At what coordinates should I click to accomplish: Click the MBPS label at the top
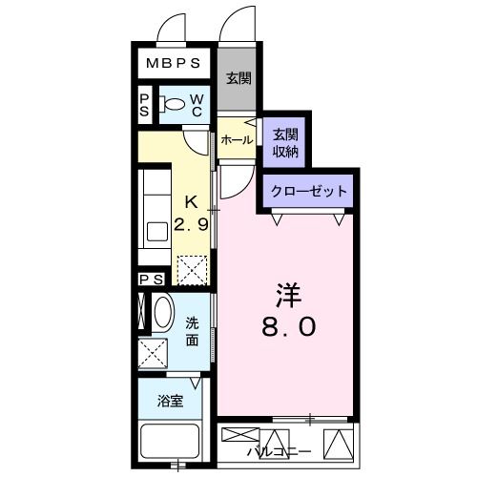pyautogui.click(x=173, y=65)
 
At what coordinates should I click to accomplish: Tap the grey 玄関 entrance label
pyautogui.click(x=238, y=79)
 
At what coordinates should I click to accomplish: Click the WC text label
pyautogui.click(x=195, y=106)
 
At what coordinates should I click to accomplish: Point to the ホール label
pyautogui.click(x=236, y=140)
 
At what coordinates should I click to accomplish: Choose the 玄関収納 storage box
pyautogui.click(x=285, y=142)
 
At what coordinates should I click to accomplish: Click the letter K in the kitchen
pyautogui.click(x=191, y=202)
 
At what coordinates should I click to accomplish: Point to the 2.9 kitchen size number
pyautogui.click(x=192, y=226)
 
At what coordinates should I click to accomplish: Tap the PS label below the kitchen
pyautogui.click(x=151, y=279)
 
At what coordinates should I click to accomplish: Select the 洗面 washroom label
pyautogui.click(x=193, y=331)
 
